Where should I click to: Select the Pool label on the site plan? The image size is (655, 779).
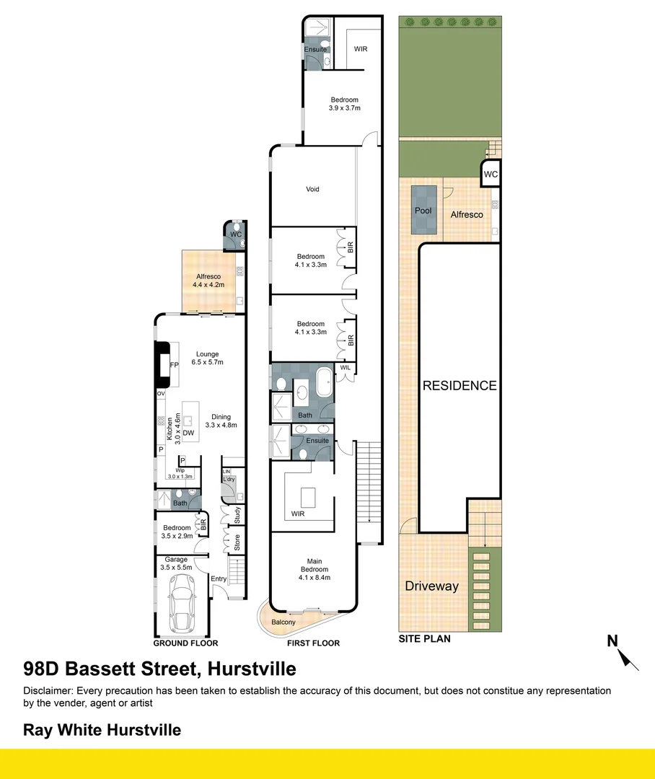pyautogui.click(x=423, y=211)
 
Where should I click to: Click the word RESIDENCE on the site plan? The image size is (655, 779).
pyautogui.click(x=460, y=385)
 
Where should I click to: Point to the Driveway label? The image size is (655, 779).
pyautogui.click(x=431, y=586)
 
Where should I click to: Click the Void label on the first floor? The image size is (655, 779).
pyautogui.click(x=312, y=189)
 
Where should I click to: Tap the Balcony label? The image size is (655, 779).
pyautogui.click(x=283, y=622)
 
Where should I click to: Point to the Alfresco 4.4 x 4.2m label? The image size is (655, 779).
pyautogui.click(x=208, y=280)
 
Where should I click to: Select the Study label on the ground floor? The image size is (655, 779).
pyautogui.click(x=237, y=515)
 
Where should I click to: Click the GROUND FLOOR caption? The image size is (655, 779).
pyautogui.click(x=185, y=643)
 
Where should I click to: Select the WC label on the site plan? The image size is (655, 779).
pyautogui.click(x=491, y=175)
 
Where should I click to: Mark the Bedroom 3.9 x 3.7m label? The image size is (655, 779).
pyautogui.click(x=344, y=104)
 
